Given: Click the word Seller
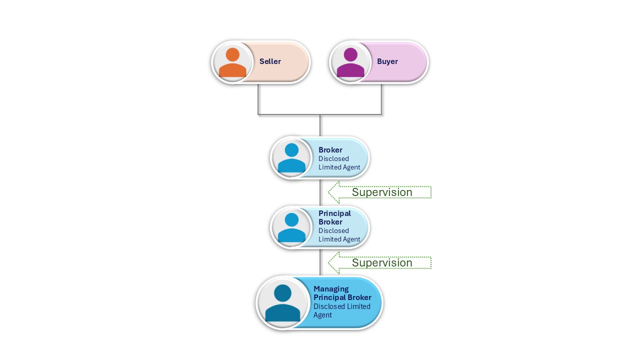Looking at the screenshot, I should (x=270, y=61).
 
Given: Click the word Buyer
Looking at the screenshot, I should (x=387, y=61).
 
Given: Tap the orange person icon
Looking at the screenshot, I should (x=232, y=62).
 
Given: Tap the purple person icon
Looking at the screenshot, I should (x=350, y=62).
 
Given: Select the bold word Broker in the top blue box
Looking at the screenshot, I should (x=330, y=150).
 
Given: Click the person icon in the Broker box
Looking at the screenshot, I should (x=291, y=158).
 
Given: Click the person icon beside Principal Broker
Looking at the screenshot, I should (x=291, y=227).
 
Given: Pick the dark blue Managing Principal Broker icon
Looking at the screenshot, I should (x=282, y=303).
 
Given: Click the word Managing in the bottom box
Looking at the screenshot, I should (x=331, y=289).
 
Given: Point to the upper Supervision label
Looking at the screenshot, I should (x=382, y=192).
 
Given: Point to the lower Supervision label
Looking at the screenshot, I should (x=382, y=263).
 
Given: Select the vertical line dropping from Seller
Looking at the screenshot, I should (x=258, y=100).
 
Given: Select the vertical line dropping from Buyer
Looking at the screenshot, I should (x=381, y=100).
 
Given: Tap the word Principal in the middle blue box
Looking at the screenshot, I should (x=334, y=213).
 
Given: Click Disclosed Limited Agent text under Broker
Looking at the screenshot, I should (x=339, y=163).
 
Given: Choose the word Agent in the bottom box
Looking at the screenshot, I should (x=322, y=315).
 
